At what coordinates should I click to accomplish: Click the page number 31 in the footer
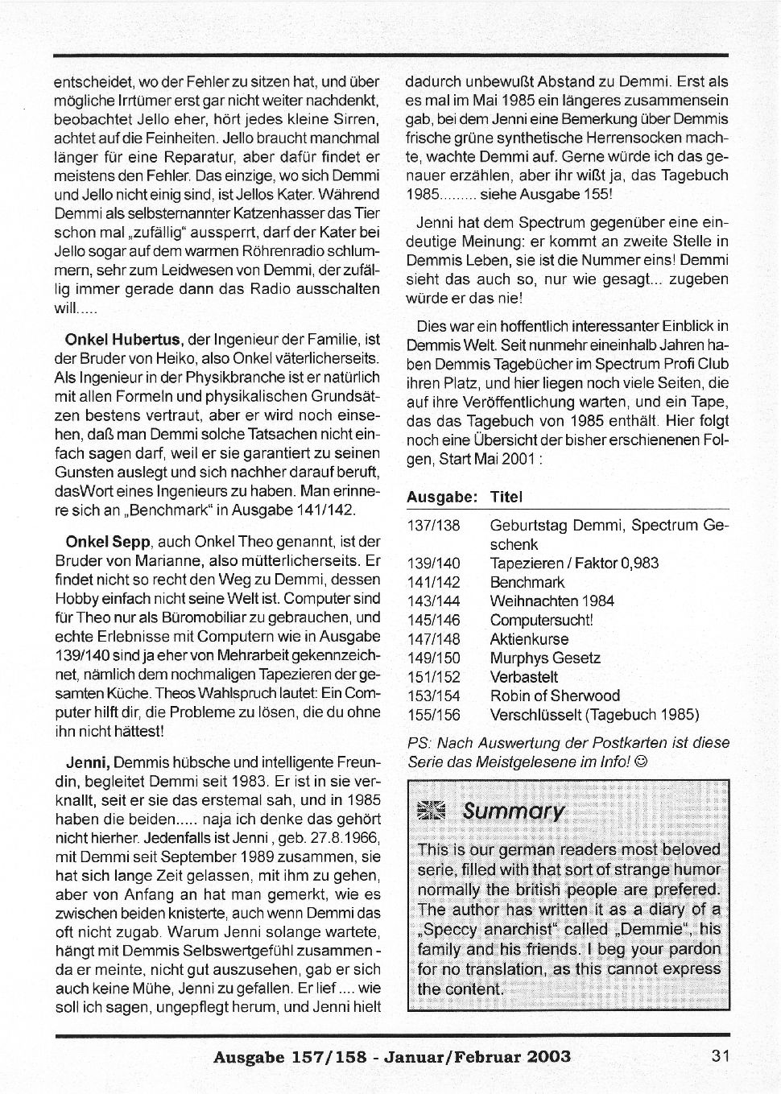[721, 1056]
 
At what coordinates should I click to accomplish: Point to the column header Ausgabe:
[443, 497]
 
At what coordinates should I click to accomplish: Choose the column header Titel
[506, 497]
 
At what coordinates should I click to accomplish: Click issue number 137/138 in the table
[434, 526]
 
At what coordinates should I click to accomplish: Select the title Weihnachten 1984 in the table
[552, 601]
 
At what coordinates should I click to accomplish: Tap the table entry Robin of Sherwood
[555, 696]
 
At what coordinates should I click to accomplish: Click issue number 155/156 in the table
[434, 715]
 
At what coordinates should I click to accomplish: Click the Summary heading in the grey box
[514, 811]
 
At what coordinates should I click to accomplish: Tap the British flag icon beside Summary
[432, 811]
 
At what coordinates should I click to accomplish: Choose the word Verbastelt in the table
[523, 677]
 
